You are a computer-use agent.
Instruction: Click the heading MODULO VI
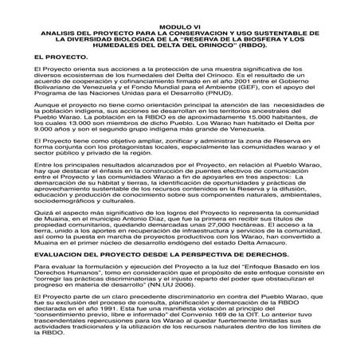point(180,26)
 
